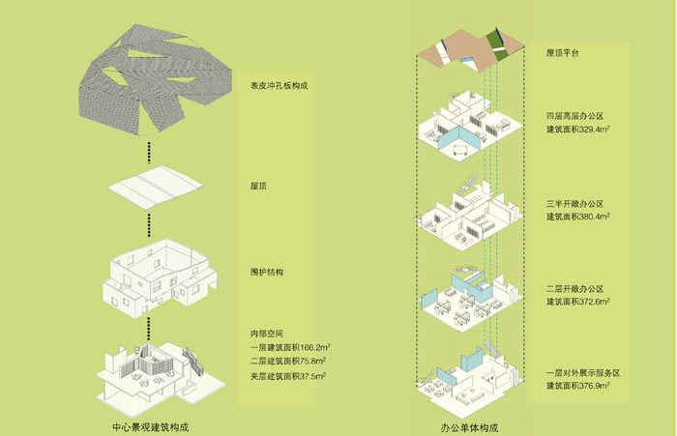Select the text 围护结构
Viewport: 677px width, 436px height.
[x=266, y=272]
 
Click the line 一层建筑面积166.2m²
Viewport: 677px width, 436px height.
[x=287, y=348]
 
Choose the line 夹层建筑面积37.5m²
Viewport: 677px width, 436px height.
[x=285, y=376]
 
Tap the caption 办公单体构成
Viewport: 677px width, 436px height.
[x=468, y=425]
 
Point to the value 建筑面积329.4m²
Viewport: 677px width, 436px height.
[x=581, y=130]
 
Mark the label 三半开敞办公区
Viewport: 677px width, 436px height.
[x=574, y=204]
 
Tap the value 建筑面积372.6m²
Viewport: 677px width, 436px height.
[x=581, y=303]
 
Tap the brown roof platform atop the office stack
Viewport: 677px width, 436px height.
[x=464, y=46]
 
